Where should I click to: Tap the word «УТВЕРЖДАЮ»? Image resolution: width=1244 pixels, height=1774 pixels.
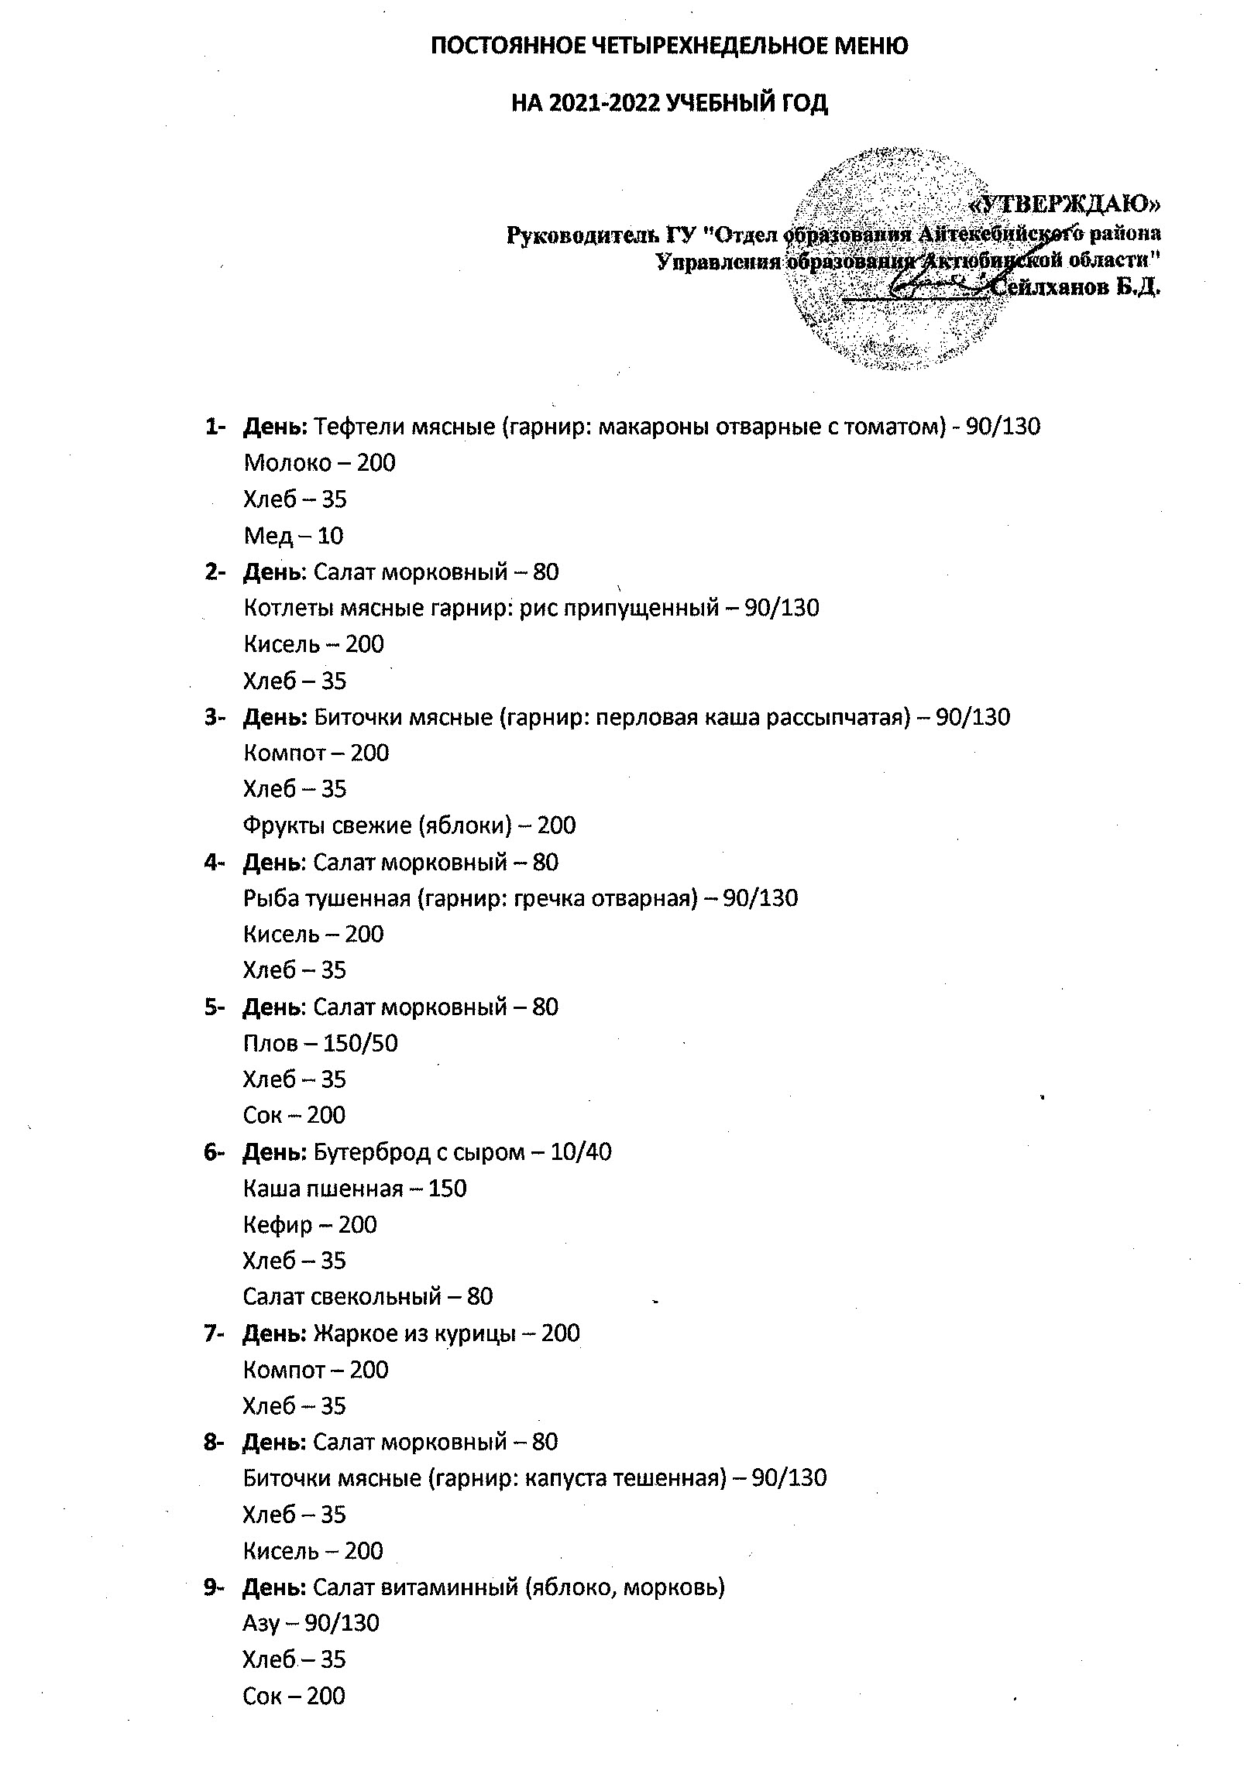tap(1065, 204)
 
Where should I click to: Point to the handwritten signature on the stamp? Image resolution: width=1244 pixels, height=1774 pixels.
tap(937, 283)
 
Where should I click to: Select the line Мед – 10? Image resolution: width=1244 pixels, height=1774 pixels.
tap(293, 535)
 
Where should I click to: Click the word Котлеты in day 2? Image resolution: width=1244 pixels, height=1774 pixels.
tap(288, 608)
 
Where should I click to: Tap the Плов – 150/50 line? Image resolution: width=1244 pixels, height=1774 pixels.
tap(320, 1043)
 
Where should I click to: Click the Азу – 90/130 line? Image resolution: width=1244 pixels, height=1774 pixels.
tap(311, 1623)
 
